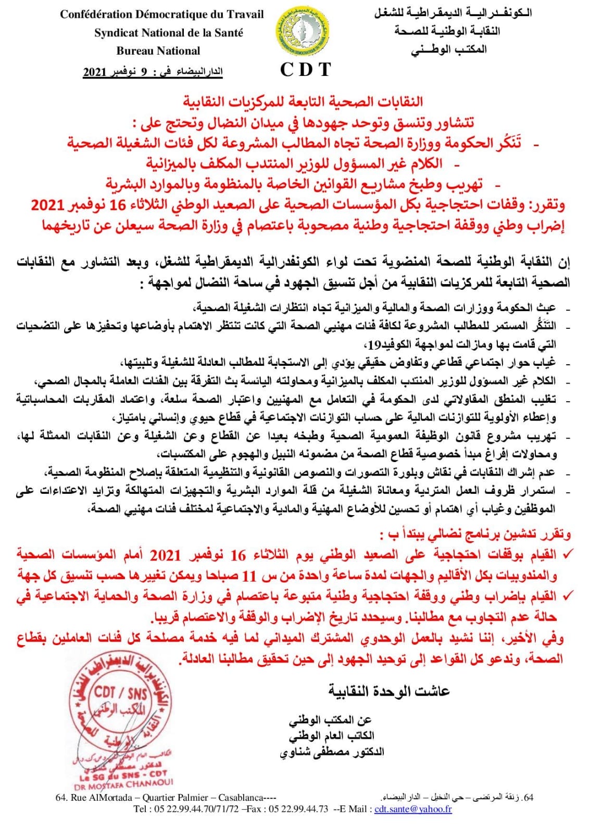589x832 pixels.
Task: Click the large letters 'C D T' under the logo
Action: (305, 69)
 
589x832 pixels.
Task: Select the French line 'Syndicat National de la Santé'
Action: (169, 33)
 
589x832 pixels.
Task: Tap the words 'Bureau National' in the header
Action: (158, 51)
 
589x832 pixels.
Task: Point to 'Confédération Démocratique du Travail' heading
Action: (162, 15)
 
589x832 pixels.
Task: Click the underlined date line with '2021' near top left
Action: (153, 72)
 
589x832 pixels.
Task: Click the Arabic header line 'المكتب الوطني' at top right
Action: (449, 50)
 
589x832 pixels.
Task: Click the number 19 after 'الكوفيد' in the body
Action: (374, 344)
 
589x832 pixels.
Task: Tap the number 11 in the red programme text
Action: (250, 575)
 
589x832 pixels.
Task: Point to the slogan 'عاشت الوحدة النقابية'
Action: (389, 691)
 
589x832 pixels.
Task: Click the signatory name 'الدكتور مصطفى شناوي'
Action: (332, 752)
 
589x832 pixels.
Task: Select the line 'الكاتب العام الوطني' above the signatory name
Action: (332, 736)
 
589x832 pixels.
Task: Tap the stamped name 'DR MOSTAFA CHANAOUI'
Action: (131, 782)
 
